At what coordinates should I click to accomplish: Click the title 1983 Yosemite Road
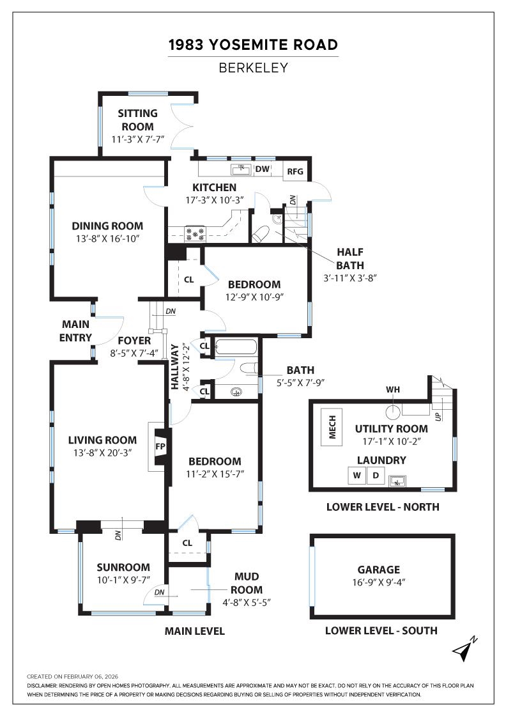tap(253, 45)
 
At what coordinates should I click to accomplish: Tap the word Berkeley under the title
tap(253, 67)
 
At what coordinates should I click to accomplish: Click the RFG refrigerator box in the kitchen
tap(295, 171)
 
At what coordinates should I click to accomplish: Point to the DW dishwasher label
tap(262, 169)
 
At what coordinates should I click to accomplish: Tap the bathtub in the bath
tap(236, 348)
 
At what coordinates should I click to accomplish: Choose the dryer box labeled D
tap(376, 476)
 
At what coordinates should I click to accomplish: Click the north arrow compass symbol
tap(464, 649)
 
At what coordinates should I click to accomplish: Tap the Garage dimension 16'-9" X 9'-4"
tap(379, 582)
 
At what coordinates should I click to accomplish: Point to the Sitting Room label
tap(137, 120)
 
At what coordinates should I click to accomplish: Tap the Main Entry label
tap(76, 331)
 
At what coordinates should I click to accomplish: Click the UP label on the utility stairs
tap(437, 416)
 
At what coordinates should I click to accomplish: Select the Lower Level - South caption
tap(381, 630)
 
